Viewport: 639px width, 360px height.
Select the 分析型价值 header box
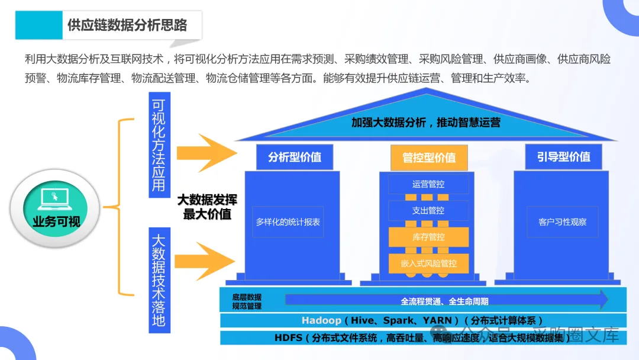point(295,157)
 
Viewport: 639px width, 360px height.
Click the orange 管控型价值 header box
point(429,157)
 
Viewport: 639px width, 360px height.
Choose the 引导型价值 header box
point(563,157)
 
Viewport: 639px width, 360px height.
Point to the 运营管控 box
point(428,184)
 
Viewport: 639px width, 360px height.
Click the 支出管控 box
point(428,210)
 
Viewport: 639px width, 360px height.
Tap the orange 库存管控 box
point(428,237)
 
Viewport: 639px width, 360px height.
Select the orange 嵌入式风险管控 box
point(428,263)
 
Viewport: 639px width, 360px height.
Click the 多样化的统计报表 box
point(288,222)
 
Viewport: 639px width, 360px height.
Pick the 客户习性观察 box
point(563,222)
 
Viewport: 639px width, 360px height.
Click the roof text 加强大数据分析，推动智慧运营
point(425,123)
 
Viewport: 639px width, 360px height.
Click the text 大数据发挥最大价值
point(207,207)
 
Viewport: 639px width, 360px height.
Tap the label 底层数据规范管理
point(247,301)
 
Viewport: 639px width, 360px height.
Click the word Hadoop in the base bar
point(321,320)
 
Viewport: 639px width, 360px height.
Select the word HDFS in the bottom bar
point(288,338)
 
